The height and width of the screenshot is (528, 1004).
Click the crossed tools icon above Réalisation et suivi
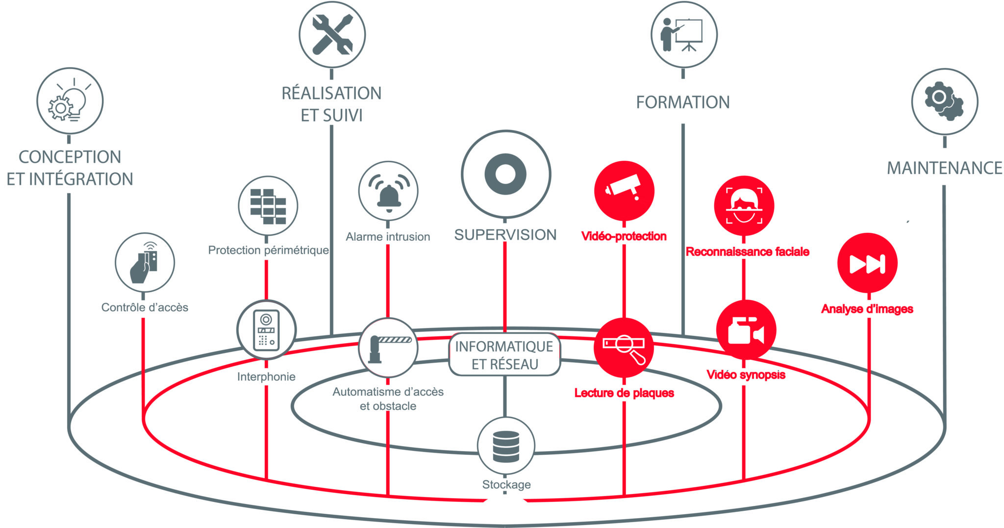point(332,34)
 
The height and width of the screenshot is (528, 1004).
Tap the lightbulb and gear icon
point(70,101)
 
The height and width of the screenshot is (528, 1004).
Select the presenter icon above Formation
point(683,34)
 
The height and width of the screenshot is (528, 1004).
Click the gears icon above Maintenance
point(944,101)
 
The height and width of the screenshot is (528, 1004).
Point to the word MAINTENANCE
point(944,168)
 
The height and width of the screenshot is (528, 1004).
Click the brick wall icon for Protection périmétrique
point(268,206)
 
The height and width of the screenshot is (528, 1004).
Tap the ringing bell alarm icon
point(388,191)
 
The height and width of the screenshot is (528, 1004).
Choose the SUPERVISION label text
point(505,235)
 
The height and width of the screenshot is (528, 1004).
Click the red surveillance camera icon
point(624,190)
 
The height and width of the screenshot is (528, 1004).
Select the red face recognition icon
point(744,206)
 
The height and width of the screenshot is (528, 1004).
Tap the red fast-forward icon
point(867,263)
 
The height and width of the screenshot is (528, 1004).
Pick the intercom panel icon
point(266,330)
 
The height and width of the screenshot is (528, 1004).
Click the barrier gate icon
point(388,347)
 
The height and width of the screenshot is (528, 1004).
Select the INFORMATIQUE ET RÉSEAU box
point(504,355)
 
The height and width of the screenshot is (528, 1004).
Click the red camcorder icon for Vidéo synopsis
point(745,330)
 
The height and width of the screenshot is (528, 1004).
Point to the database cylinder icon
point(505,446)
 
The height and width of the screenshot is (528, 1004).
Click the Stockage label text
point(506,484)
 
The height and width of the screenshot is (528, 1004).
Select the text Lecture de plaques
point(624,393)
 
